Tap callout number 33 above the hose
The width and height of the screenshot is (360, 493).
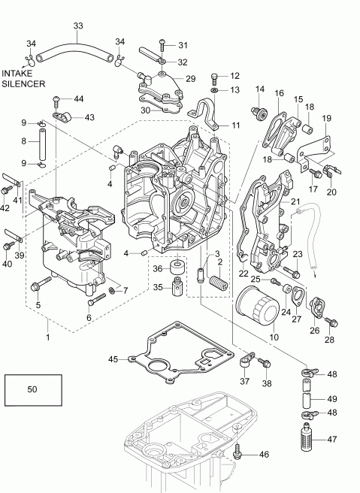click(x=78, y=26)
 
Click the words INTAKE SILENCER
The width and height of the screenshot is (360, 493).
click(x=23, y=78)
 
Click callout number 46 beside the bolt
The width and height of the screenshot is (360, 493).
click(x=264, y=455)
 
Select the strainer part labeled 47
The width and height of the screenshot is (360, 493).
click(x=309, y=437)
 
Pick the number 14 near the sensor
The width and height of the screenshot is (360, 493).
click(x=260, y=90)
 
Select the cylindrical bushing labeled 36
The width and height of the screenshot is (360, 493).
click(x=177, y=268)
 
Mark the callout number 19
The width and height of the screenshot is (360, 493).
click(x=326, y=119)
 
